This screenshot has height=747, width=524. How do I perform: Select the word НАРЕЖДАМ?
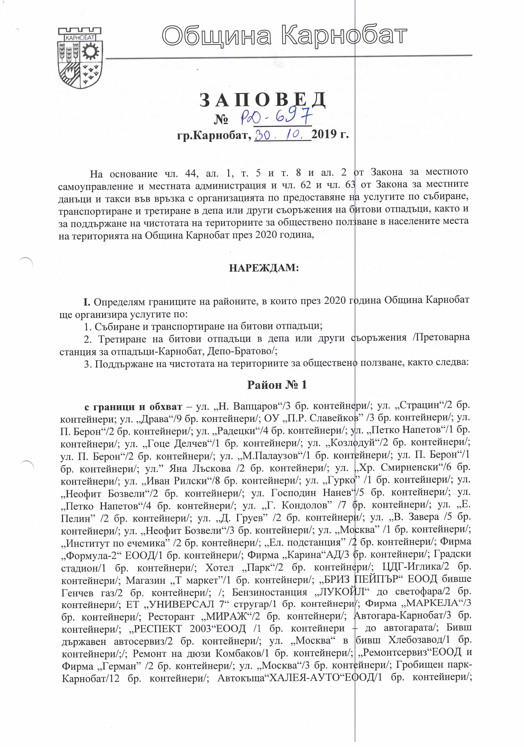[264, 268]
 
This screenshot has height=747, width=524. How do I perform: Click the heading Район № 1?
[277, 385]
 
